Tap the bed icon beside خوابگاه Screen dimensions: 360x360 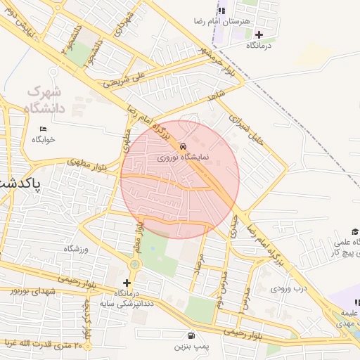[x=43, y=129]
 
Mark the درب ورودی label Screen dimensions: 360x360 [x=290, y=288]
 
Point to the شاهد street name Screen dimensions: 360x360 [x=214, y=94]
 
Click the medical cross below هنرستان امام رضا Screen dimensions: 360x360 [x=259, y=34]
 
